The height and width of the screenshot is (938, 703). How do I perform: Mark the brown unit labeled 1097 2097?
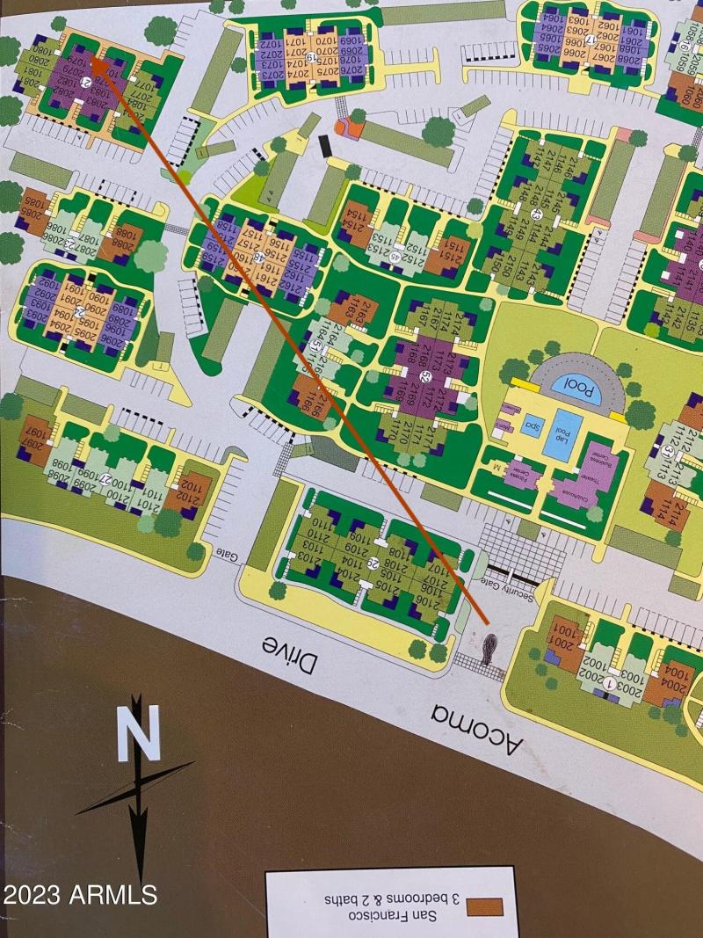[35, 433]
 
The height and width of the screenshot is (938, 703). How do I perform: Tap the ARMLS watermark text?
[79, 895]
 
